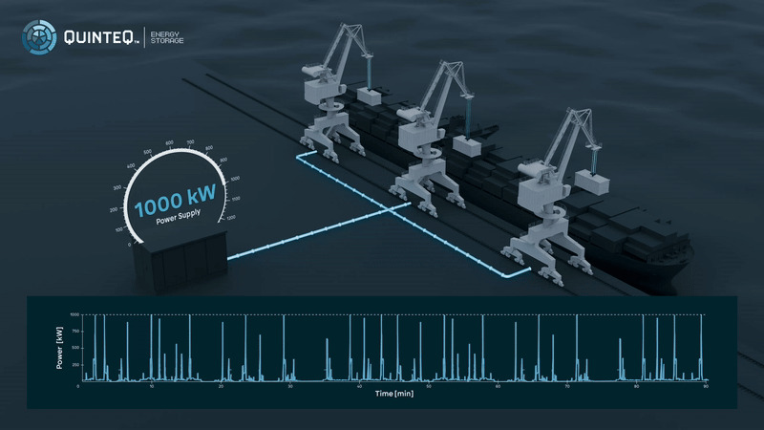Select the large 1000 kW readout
tap(175, 206)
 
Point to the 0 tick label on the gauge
tap(130, 246)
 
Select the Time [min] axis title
tap(393, 394)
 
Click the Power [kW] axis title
tap(60, 349)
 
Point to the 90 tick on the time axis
tap(705, 386)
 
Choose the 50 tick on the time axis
tap(428, 386)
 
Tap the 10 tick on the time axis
tap(151, 386)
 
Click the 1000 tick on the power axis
tap(74, 314)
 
